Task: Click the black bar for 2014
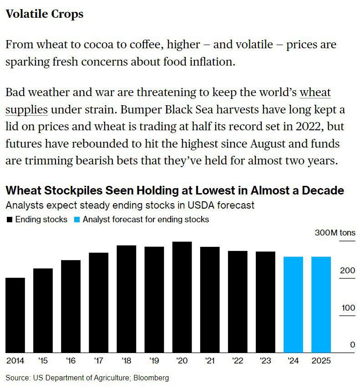(x=15, y=315)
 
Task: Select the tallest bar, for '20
(x=182, y=297)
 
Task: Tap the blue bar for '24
(x=293, y=305)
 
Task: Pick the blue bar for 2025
(x=321, y=305)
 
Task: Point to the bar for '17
(x=98, y=302)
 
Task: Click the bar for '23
(x=265, y=302)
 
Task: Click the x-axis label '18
(x=127, y=361)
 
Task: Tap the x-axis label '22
(x=238, y=361)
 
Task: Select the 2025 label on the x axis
(x=321, y=361)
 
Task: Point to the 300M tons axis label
(x=335, y=233)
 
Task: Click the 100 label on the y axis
(x=348, y=308)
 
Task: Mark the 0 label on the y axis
(x=352, y=345)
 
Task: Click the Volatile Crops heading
(x=44, y=14)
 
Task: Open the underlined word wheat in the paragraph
(x=315, y=92)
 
